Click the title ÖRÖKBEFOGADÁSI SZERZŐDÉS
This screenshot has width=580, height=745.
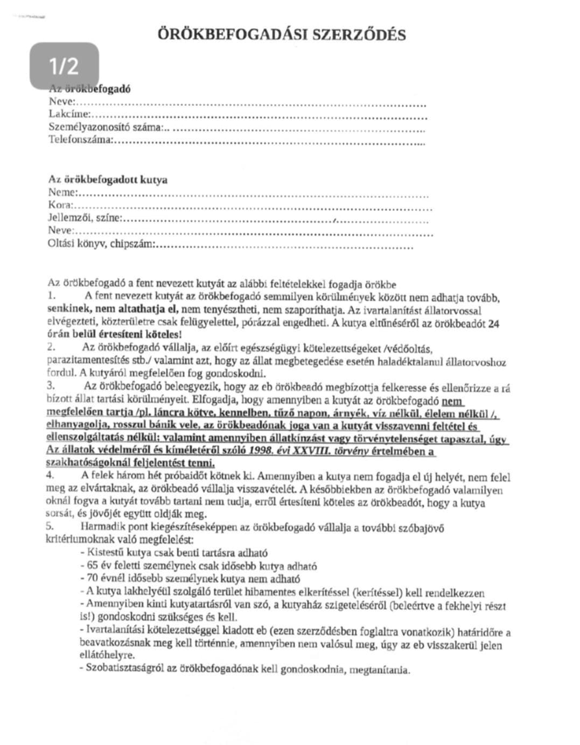281,35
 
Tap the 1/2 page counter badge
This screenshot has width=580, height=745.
64,66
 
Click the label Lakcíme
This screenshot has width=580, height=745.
69,114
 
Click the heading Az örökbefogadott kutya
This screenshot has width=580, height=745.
108,179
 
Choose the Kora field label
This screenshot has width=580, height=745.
60,205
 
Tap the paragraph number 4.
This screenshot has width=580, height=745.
50,475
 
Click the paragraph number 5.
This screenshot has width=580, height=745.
50,527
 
